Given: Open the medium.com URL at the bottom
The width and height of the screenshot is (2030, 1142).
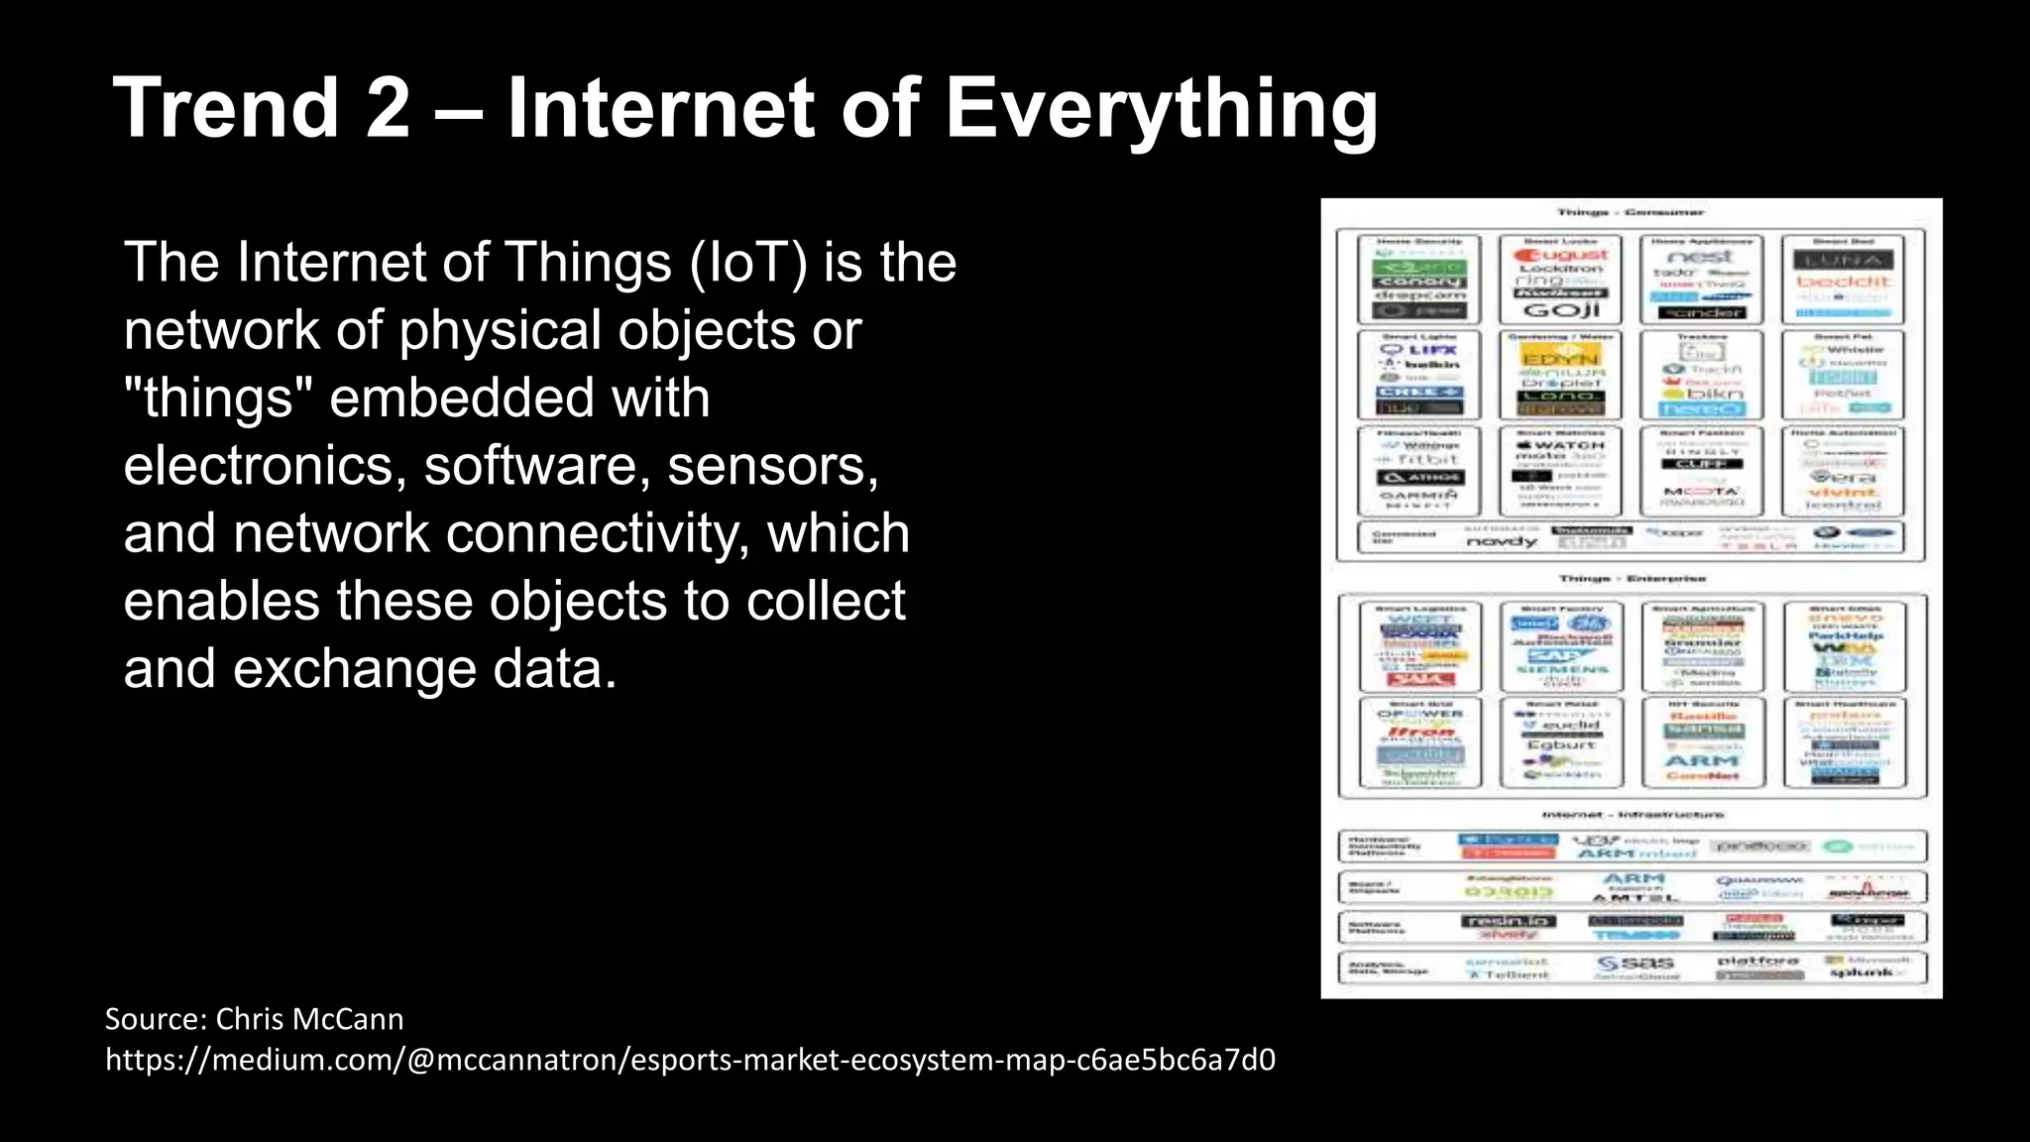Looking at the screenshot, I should pos(690,1060).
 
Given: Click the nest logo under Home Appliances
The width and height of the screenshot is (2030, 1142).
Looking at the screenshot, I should pos(1701,257).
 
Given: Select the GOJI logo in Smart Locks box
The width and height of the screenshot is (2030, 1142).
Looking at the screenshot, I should pos(1561,310).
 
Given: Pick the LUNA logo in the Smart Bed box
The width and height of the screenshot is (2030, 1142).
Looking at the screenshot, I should pos(1843,261).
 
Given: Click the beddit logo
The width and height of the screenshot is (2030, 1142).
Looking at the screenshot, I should pos(1843,282).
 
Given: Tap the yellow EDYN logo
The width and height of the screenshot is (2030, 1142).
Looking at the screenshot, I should pos(1561,358).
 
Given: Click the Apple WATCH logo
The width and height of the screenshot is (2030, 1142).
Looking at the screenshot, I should pos(1561,445).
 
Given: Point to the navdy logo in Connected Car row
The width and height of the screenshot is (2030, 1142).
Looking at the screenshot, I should pos(1501,542).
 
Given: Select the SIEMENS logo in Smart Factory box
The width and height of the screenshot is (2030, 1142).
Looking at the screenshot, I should pos(1561,669).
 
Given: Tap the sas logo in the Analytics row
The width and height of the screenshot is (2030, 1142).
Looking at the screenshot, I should pos(1635,963).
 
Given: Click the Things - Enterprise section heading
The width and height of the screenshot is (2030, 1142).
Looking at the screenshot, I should pos(1632,579).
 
